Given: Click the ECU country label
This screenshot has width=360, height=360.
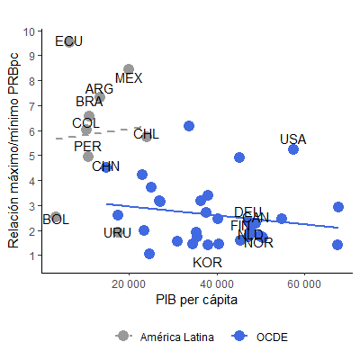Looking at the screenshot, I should point(68,41).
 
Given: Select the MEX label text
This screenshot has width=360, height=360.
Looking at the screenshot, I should point(129,78).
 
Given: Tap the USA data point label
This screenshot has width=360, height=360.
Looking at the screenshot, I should point(293,139).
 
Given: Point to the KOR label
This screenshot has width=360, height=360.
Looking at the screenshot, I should point(207,263).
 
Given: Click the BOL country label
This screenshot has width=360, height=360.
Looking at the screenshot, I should point(55,220).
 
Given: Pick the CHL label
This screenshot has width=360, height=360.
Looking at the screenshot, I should point(147,135).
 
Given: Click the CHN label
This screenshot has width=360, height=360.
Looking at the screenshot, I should point(105,166).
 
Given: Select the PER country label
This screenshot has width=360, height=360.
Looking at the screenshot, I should point(87,147).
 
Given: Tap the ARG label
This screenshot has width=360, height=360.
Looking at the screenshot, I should point(100,89).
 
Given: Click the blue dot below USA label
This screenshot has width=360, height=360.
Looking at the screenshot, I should point(293,149).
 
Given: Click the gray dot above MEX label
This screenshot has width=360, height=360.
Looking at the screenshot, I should point(129,69).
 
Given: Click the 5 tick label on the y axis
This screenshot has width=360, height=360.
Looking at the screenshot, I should point(33,156).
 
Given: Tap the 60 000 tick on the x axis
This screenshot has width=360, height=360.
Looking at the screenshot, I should point(304,284).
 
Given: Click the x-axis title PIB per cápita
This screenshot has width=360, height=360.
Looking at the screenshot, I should point(194,299).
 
